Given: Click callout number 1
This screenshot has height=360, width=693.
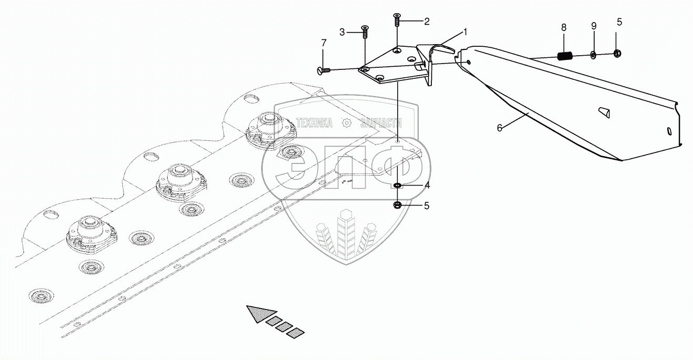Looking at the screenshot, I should click(465, 32).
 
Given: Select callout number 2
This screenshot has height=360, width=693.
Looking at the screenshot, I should click(427, 22).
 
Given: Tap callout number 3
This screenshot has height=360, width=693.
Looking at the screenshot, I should click(342, 32).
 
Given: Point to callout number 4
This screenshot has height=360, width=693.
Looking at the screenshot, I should click(427, 185).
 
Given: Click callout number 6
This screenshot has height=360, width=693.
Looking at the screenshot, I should click(500, 127).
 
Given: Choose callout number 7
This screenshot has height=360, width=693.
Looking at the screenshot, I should click(324, 43).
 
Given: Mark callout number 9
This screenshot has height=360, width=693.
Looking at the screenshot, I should click(594, 26).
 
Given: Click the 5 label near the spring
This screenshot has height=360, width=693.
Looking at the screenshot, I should click(619, 22).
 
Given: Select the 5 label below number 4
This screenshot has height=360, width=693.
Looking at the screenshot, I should click(427, 205).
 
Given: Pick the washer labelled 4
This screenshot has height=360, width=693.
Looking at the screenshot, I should click(398, 185).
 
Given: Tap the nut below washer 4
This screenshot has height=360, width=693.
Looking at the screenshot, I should click(398, 204).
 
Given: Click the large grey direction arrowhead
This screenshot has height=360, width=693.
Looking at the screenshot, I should click(257, 314).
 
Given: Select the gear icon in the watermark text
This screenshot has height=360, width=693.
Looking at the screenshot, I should click(346, 123).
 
